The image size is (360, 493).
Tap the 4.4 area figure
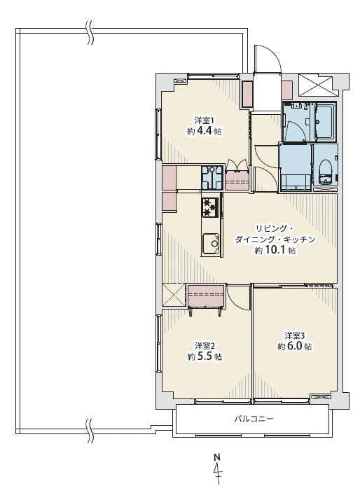tap(205, 131)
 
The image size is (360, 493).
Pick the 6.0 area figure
tap(295, 346)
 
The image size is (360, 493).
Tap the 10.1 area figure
tap(275, 250)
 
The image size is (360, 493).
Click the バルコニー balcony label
tap(254, 419)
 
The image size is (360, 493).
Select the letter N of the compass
tap(216, 456)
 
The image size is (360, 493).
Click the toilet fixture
tap(325, 172)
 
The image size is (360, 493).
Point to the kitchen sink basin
tap(212, 243)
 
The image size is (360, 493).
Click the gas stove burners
tap(210, 207)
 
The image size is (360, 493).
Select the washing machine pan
tap(212, 177)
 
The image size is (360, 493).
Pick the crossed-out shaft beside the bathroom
tap(314, 85)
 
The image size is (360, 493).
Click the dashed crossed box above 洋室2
tap(174, 294)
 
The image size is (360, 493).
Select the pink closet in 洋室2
tap(206, 296)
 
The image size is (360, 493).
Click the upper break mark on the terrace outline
tap(90, 32)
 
